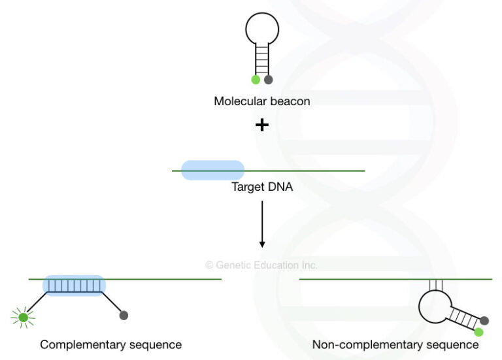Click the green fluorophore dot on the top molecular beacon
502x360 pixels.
[256, 80]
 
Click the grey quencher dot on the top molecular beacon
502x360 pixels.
[268, 80]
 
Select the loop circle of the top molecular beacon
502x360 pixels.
[262, 29]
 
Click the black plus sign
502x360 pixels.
[262, 125]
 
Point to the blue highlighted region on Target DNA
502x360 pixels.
[212, 171]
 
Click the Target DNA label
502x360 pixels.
[261, 187]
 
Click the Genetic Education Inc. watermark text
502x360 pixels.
[261, 265]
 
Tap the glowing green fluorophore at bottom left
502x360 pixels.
[24, 318]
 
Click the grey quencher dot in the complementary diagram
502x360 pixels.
[124, 316]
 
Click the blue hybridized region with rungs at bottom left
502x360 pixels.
[74, 286]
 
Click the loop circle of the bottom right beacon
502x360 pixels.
[435, 306]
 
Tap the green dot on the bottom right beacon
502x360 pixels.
[478, 332]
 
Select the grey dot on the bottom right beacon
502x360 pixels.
[484, 321]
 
